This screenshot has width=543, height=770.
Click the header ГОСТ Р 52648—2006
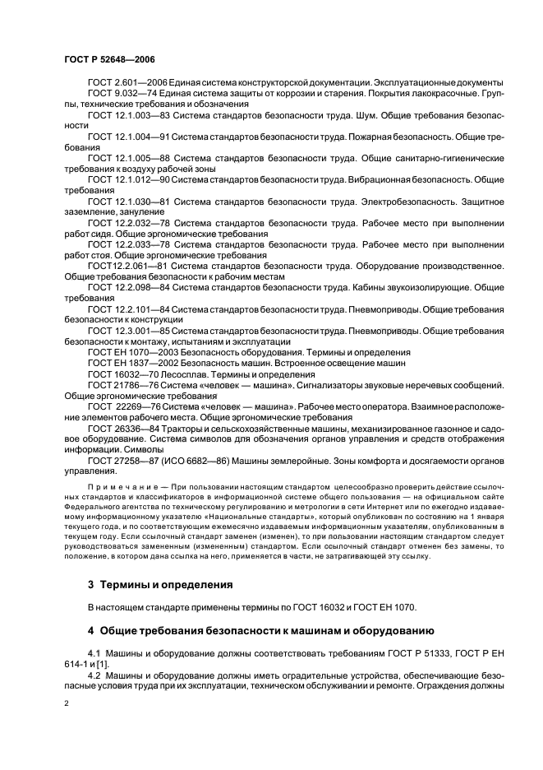(x=109, y=59)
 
